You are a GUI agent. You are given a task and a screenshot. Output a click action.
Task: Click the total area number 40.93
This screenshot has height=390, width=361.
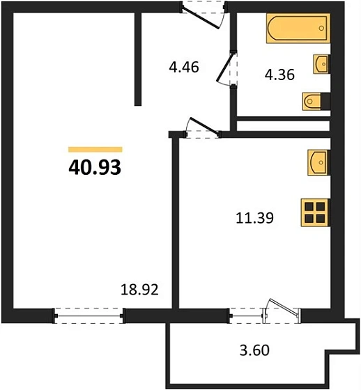95,168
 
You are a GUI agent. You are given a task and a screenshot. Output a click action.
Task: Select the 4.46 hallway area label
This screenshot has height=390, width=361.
185,68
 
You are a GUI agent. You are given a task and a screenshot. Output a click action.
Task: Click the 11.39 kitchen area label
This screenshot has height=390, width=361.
254,218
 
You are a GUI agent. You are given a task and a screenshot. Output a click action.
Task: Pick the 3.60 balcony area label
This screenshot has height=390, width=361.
249,350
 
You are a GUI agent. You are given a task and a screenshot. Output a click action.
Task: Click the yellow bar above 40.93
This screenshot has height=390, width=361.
95,149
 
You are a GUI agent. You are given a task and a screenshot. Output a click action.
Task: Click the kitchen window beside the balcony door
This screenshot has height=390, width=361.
247,315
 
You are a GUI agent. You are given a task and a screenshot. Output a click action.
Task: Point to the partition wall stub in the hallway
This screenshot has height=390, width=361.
138,56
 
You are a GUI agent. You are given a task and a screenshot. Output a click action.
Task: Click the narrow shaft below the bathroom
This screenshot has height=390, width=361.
283,125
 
